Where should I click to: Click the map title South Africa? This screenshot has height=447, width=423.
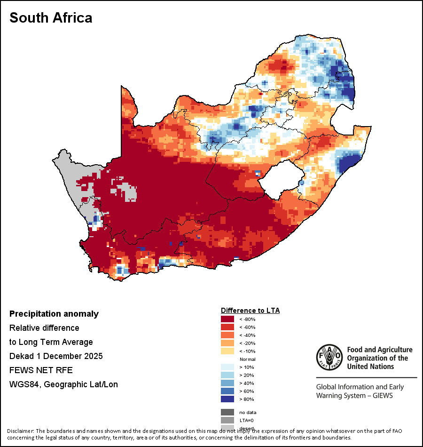tap(51, 18)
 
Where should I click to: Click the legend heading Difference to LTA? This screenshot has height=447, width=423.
tap(250, 311)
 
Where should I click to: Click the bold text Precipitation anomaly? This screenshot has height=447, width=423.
tap(54, 314)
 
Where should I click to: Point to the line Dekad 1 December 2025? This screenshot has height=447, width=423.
tap(56, 356)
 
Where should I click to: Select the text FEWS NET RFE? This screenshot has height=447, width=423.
tap(41, 370)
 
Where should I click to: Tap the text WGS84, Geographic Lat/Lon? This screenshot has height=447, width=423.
tap(63, 384)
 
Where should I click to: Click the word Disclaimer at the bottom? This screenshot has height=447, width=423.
tap(20, 431)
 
